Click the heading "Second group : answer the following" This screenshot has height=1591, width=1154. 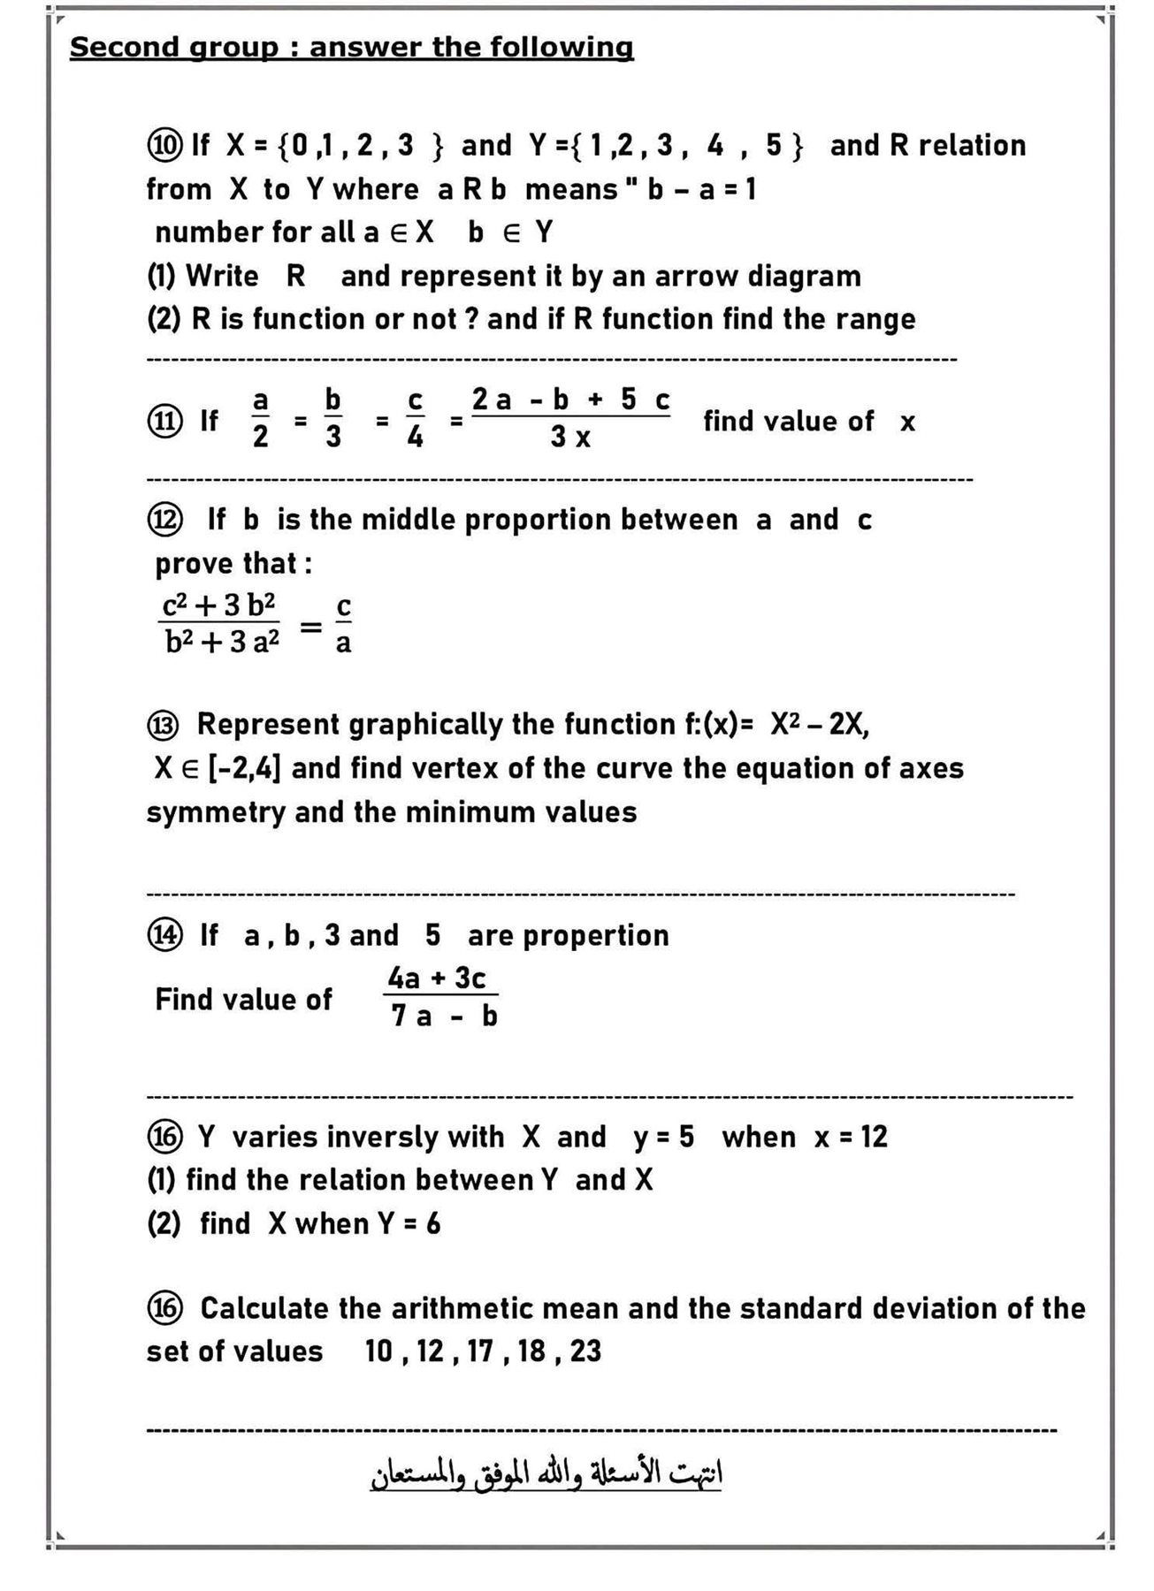pyautogui.click(x=351, y=47)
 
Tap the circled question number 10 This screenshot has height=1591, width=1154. pyautogui.click(x=164, y=145)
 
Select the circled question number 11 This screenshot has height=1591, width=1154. pyautogui.click(x=164, y=421)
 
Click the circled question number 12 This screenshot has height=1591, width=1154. pyautogui.click(x=164, y=520)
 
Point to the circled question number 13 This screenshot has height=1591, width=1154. pyautogui.click(x=164, y=725)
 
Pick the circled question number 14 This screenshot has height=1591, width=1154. pyautogui.click(x=164, y=935)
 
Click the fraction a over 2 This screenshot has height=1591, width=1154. pyautogui.click(x=260, y=419)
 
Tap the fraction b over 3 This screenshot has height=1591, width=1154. pyautogui.click(x=333, y=419)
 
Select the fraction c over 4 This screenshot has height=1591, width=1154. pyautogui.click(x=415, y=419)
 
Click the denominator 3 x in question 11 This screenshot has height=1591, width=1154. pyautogui.click(x=570, y=437)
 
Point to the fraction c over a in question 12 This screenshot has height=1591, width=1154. pyautogui.click(x=343, y=624)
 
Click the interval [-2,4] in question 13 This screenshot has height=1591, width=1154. pyautogui.click(x=244, y=768)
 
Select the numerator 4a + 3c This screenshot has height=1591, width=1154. pyautogui.click(x=437, y=978)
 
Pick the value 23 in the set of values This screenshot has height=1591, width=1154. pyautogui.click(x=585, y=1351)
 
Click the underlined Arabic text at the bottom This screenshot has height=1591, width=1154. pyautogui.click(x=546, y=1473)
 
